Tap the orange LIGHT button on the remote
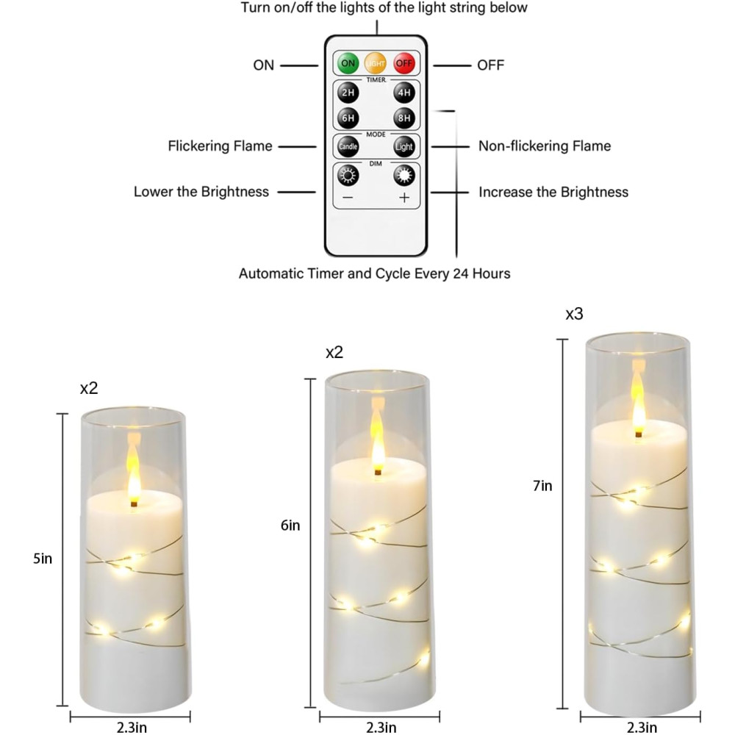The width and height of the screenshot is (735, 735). tap(376, 63)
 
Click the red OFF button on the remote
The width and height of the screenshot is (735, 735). tap(404, 63)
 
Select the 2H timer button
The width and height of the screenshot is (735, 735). tap(348, 93)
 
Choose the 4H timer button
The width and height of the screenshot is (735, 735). tap(404, 93)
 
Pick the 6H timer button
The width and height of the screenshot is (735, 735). tap(348, 118)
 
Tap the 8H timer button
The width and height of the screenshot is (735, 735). tap(404, 118)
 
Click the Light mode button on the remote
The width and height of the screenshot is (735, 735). tap(404, 147)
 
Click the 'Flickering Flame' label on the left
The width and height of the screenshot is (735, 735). tap(220, 146)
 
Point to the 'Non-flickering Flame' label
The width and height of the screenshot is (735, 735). tap(545, 146)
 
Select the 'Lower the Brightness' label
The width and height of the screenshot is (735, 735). tap(201, 192)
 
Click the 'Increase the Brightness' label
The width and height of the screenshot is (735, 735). tap(553, 192)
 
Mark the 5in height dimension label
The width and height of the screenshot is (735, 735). tap(42, 559)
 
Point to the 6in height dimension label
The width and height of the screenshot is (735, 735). tap(290, 526)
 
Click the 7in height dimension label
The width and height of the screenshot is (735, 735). tap(542, 486)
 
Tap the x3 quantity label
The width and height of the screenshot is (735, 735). tap(574, 314)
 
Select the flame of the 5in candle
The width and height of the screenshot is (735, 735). tap(134, 478)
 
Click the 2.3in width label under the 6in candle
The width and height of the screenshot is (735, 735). tap(381, 727)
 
